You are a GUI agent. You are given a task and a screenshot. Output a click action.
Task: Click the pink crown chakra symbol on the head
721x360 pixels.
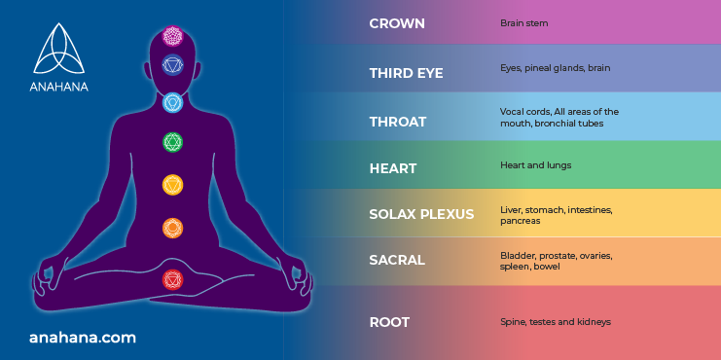pos(172,36)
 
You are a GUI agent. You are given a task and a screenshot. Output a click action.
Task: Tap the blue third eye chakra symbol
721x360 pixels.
pos(172,66)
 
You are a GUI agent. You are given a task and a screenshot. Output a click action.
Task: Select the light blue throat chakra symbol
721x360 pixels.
pos(172,102)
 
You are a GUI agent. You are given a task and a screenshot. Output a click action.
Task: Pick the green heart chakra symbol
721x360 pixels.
pos(172,143)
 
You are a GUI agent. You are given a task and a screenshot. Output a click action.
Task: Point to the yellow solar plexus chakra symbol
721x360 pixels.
pos(172,185)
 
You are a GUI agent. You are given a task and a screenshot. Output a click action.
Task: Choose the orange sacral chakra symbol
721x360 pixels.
pos(172,229)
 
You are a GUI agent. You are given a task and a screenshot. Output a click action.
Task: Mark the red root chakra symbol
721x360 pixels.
pos(172,279)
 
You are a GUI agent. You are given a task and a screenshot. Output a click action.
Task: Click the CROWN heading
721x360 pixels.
pos(396,22)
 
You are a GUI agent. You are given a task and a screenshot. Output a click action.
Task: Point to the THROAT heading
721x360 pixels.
pos(398,122)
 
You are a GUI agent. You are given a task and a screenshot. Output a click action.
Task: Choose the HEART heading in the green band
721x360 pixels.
pos(393,168)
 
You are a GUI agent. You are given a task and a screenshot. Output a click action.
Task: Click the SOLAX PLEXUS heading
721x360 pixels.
pos(421,214)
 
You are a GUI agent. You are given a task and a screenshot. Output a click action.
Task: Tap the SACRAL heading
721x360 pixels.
pos(397,261)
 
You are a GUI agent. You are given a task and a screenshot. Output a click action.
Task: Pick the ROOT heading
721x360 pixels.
pos(390,322)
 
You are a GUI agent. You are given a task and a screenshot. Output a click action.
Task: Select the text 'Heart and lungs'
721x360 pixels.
pos(535,165)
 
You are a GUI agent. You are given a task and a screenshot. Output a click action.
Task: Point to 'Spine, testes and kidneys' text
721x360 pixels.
pos(555,321)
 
